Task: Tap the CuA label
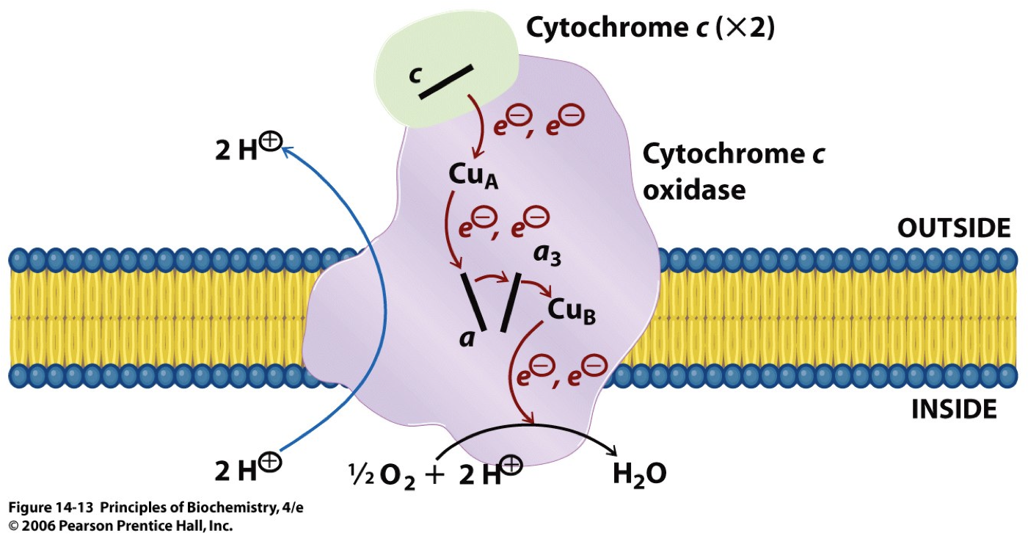[x=473, y=176]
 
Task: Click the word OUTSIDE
[x=953, y=229]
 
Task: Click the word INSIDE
[x=954, y=409]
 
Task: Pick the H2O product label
[x=639, y=474]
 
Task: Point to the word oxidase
[x=693, y=190]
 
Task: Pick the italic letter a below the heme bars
[x=467, y=338]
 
